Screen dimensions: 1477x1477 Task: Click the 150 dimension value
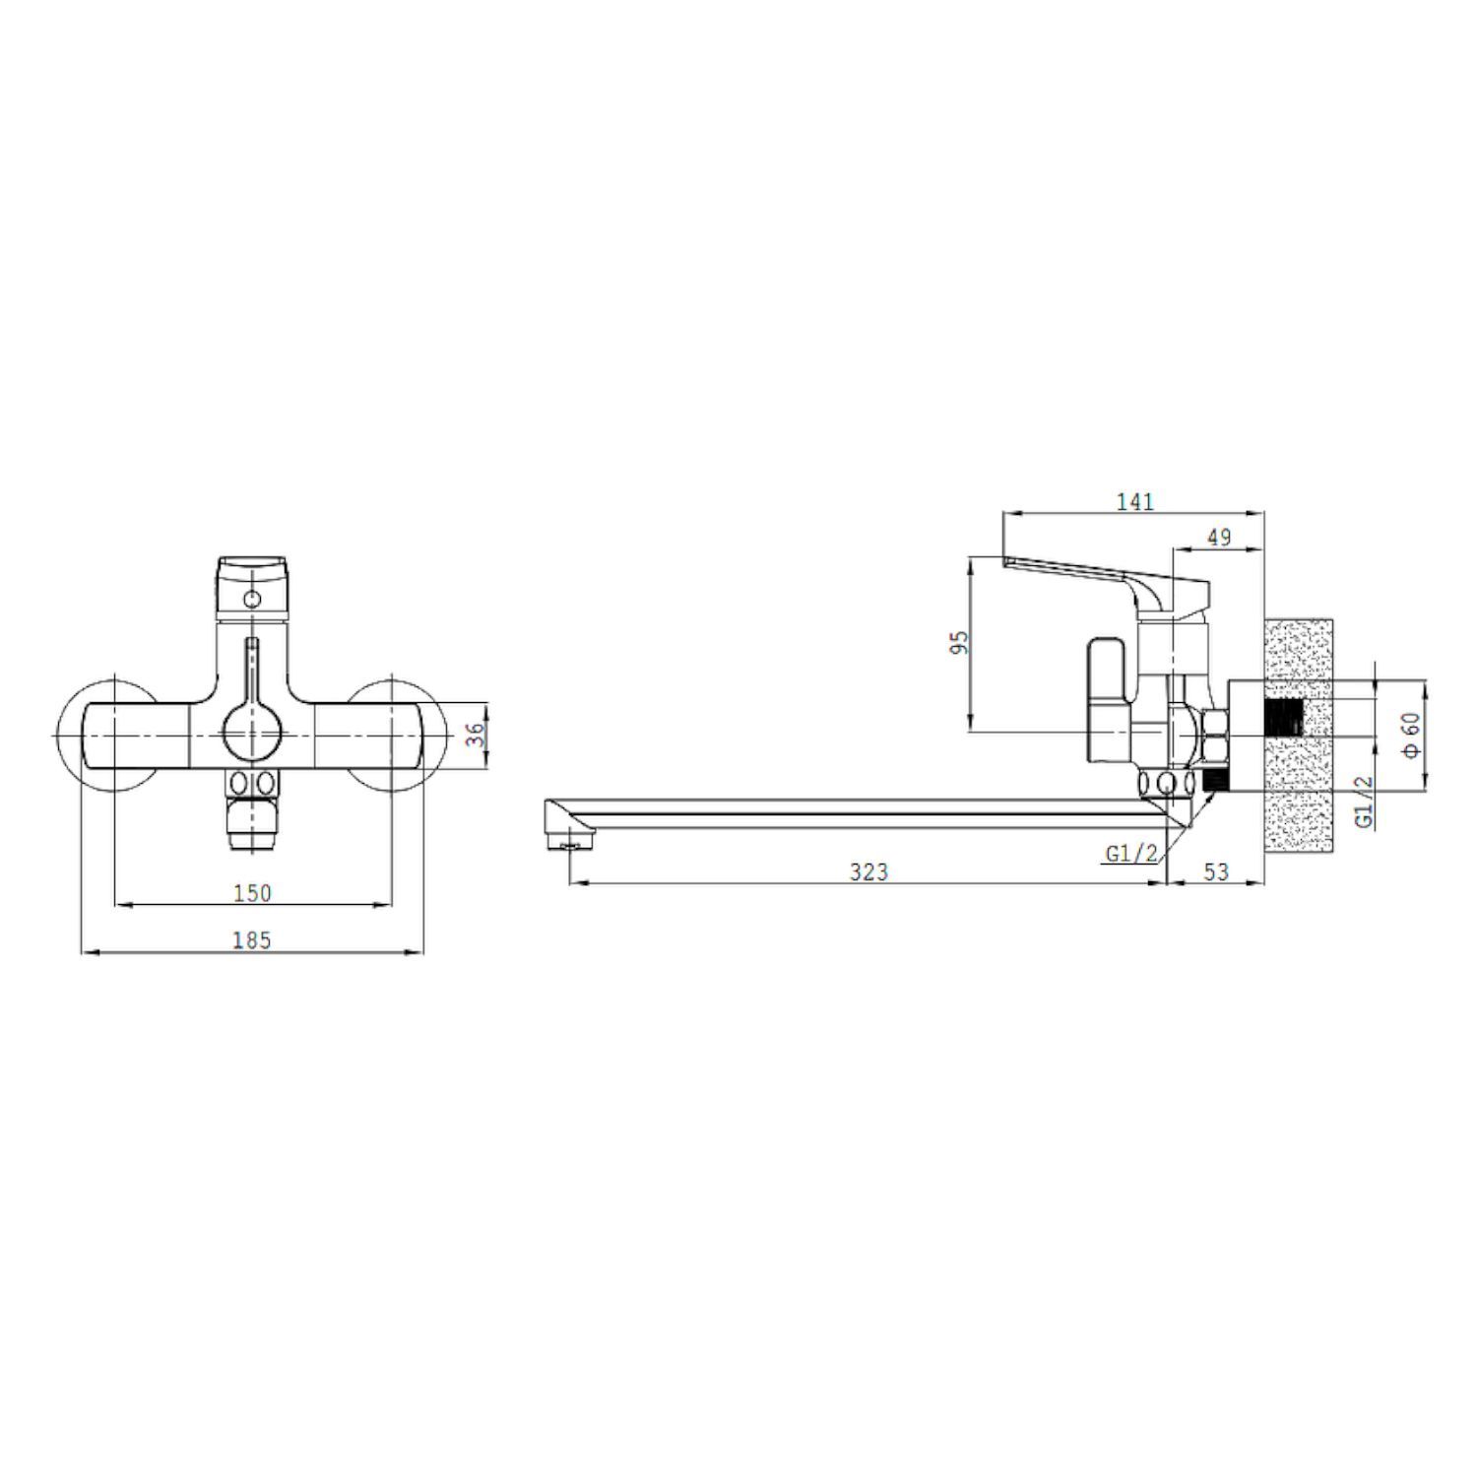tap(252, 893)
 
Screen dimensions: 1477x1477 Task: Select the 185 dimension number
tap(251, 940)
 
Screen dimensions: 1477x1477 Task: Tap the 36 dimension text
tap(476, 735)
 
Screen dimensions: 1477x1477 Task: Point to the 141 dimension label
tap(1134, 501)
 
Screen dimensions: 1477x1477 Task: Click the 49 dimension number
tap(1219, 538)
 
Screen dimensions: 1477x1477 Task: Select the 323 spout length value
tap(868, 871)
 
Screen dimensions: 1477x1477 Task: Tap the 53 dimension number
tap(1217, 871)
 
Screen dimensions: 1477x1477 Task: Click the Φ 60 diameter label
tap(1411, 735)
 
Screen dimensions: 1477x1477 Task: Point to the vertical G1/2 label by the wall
tap(1364, 801)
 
